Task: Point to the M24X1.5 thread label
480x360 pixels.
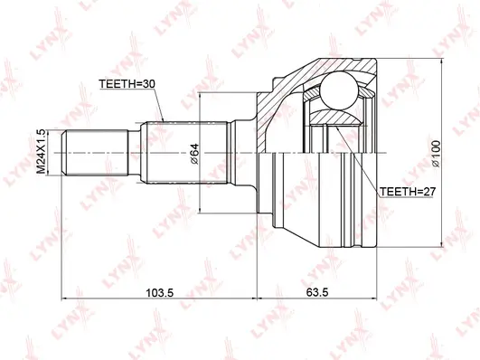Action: pos(40,152)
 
